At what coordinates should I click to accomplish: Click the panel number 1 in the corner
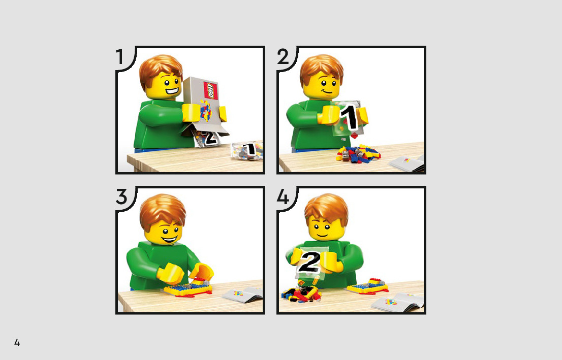(120, 57)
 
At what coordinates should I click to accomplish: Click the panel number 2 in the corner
(283, 57)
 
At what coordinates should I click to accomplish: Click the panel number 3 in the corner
(121, 197)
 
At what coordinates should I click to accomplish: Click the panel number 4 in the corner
(283, 197)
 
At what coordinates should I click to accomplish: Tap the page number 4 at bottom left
(17, 342)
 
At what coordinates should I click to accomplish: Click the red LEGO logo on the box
(210, 90)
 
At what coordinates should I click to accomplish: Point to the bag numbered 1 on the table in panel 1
(247, 150)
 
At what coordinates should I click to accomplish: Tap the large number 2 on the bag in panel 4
(309, 262)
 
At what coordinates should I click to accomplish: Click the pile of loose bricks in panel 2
(358, 154)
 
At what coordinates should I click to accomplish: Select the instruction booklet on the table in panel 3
(243, 294)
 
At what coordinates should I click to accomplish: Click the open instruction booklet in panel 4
(397, 302)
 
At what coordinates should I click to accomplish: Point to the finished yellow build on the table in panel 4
(368, 286)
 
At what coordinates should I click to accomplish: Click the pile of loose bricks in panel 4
(301, 292)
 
